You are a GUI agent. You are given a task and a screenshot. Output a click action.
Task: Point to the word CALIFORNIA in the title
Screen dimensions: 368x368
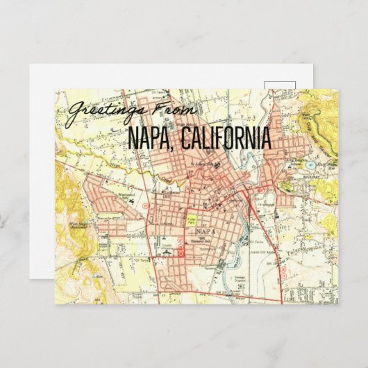[x=226, y=139]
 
